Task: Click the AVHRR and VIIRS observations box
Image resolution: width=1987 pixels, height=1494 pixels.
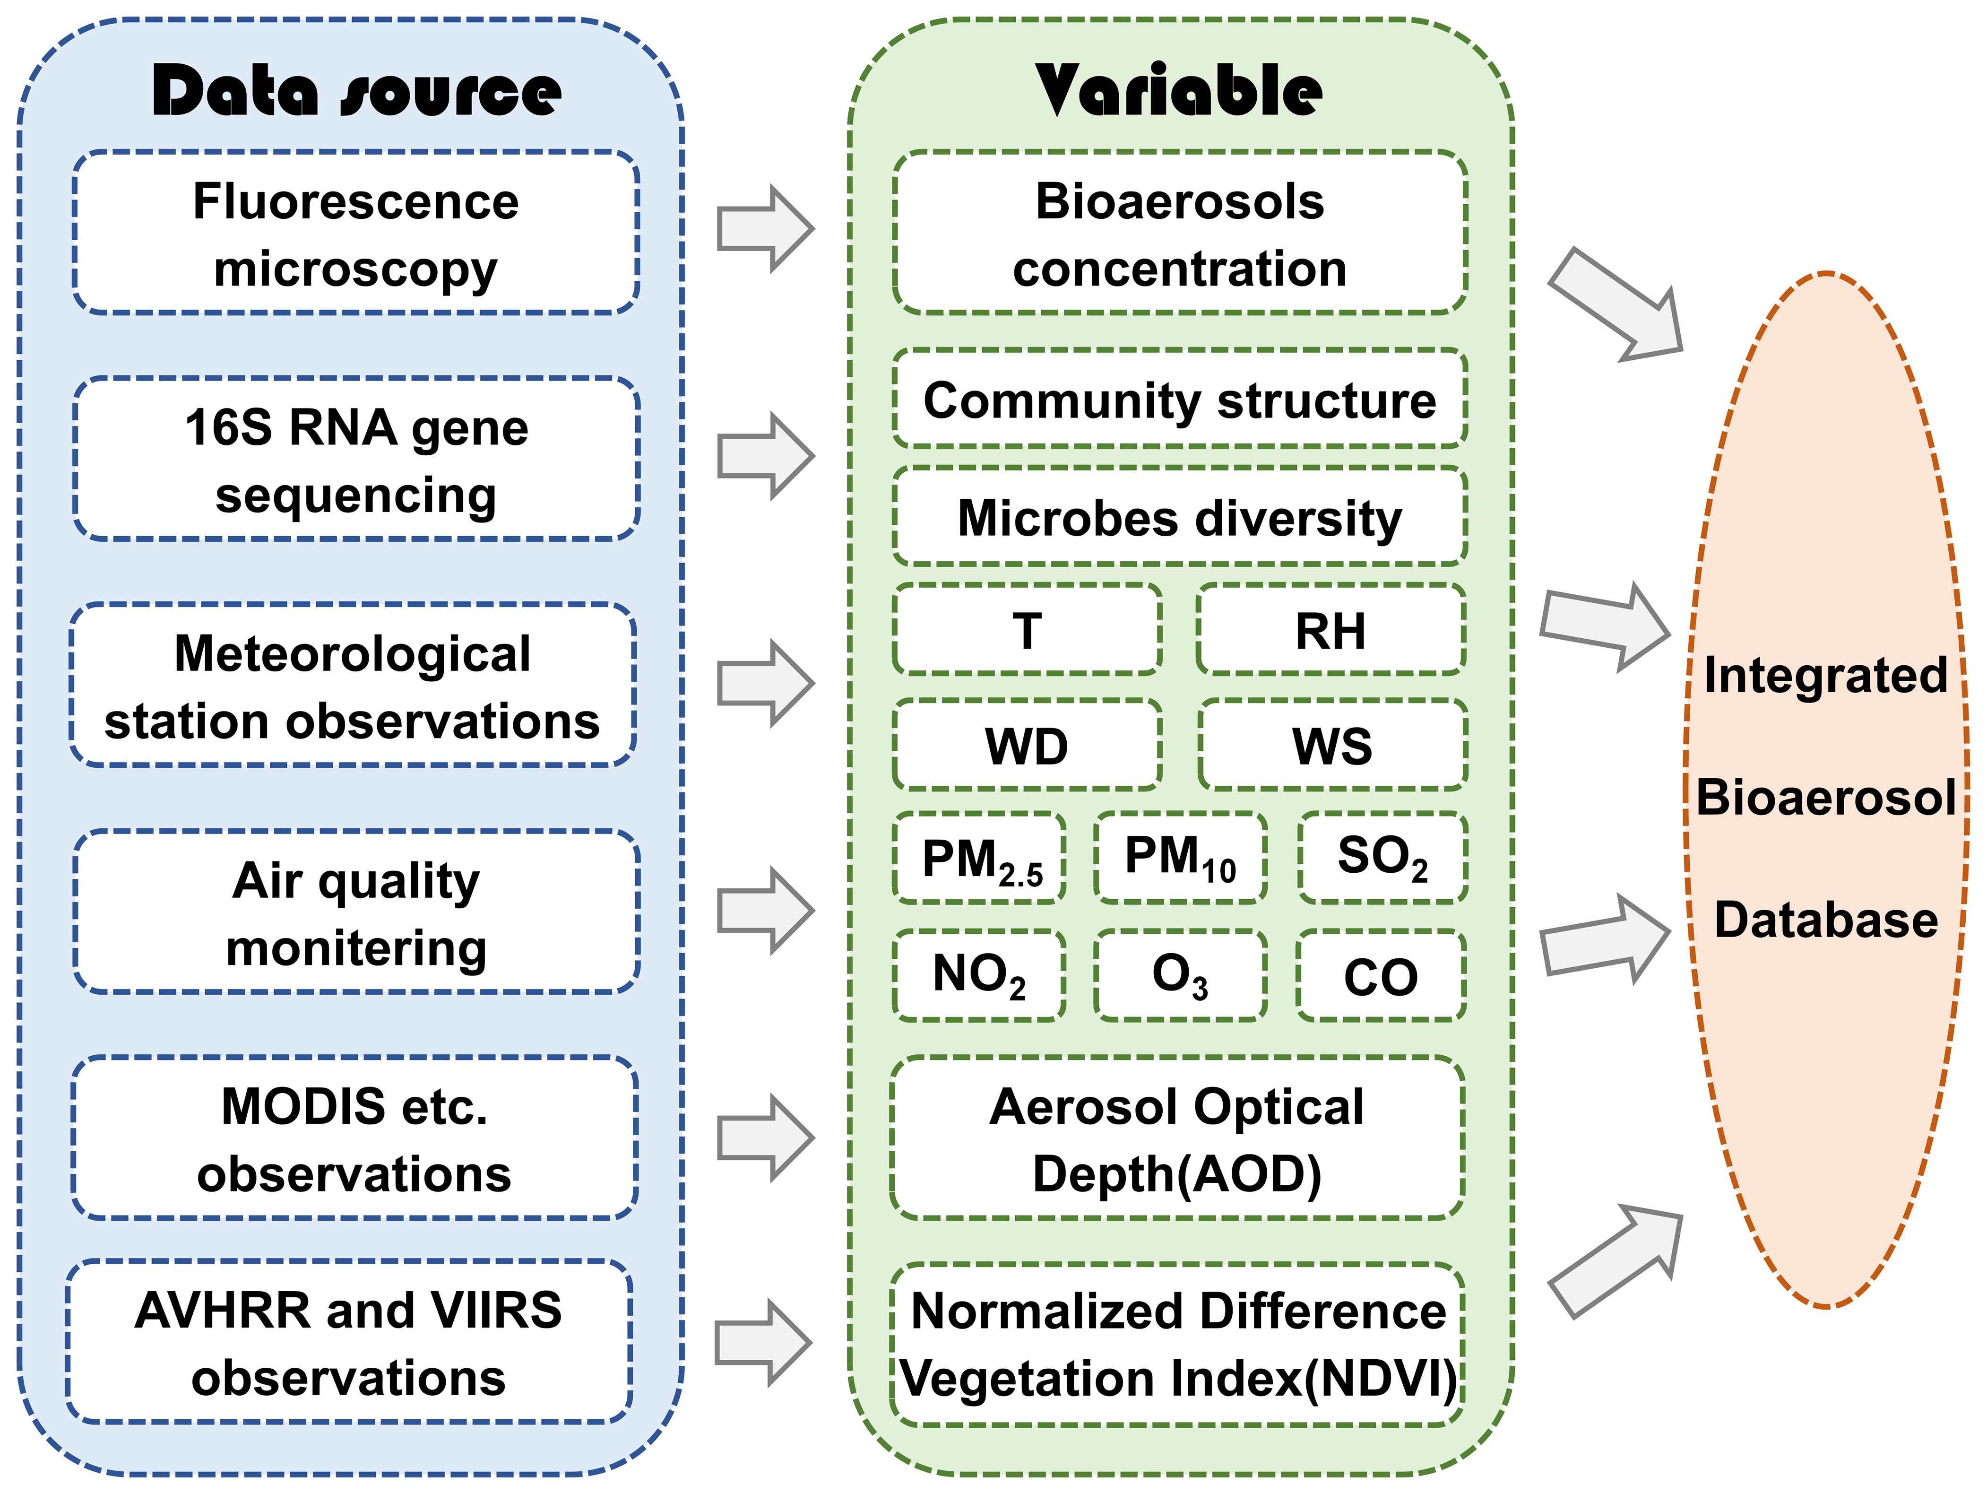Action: [x=349, y=1342]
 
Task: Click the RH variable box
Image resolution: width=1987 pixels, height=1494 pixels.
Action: [x=1331, y=629]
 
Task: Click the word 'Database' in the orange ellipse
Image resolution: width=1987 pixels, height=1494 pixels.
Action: [x=1826, y=920]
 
